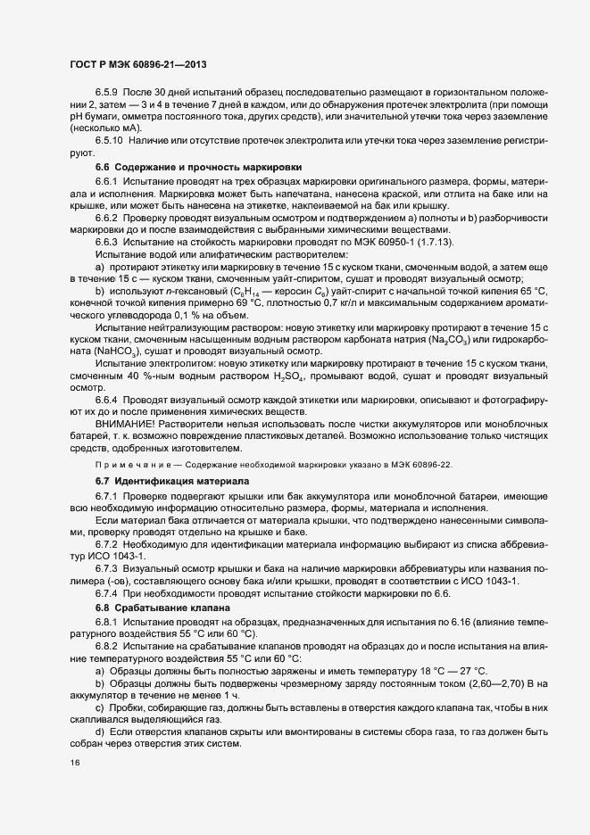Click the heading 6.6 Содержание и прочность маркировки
point(198,168)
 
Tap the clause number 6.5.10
point(112,141)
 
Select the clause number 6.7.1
point(109,495)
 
